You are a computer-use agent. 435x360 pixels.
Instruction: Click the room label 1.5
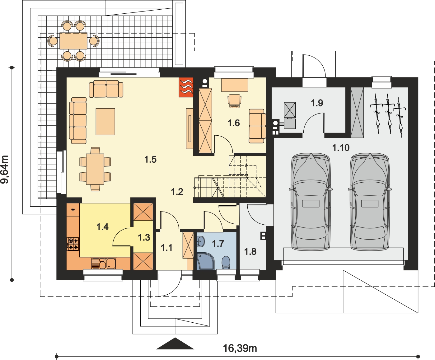(150, 160)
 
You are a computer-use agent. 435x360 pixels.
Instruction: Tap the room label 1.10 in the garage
(341, 148)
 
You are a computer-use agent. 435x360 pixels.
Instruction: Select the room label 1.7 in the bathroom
(218, 244)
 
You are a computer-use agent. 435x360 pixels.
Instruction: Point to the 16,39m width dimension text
(240, 348)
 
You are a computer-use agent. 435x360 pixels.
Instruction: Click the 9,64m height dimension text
(5, 169)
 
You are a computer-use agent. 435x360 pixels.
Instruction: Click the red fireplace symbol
(186, 87)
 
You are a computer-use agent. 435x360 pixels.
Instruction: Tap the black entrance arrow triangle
(175, 344)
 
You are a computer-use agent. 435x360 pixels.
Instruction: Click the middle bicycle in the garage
(389, 114)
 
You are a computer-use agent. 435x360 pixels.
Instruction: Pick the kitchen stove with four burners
(73, 244)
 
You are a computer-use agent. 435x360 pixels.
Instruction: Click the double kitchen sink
(104, 264)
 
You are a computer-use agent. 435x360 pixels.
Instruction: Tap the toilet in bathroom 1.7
(226, 262)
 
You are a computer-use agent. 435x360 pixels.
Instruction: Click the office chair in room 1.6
(234, 101)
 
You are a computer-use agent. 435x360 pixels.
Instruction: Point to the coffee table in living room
(105, 122)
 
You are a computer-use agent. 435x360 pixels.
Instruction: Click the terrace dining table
(73, 41)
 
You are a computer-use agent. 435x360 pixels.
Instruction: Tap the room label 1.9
(317, 103)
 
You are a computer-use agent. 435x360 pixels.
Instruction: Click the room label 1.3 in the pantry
(144, 238)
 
